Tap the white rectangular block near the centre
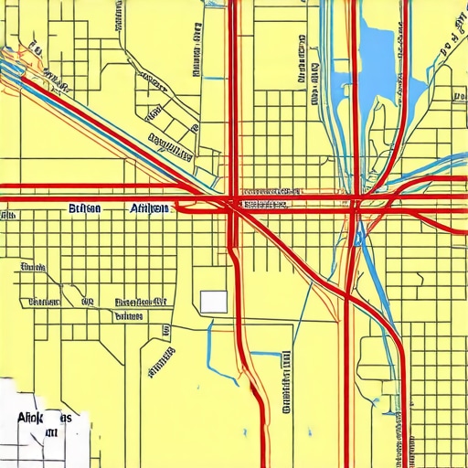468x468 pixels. tap(214, 302)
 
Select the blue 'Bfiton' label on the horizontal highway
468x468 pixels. tap(86, 209)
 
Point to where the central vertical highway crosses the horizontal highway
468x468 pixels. tap(232, 201)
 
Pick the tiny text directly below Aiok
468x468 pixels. tap(49, 432)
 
